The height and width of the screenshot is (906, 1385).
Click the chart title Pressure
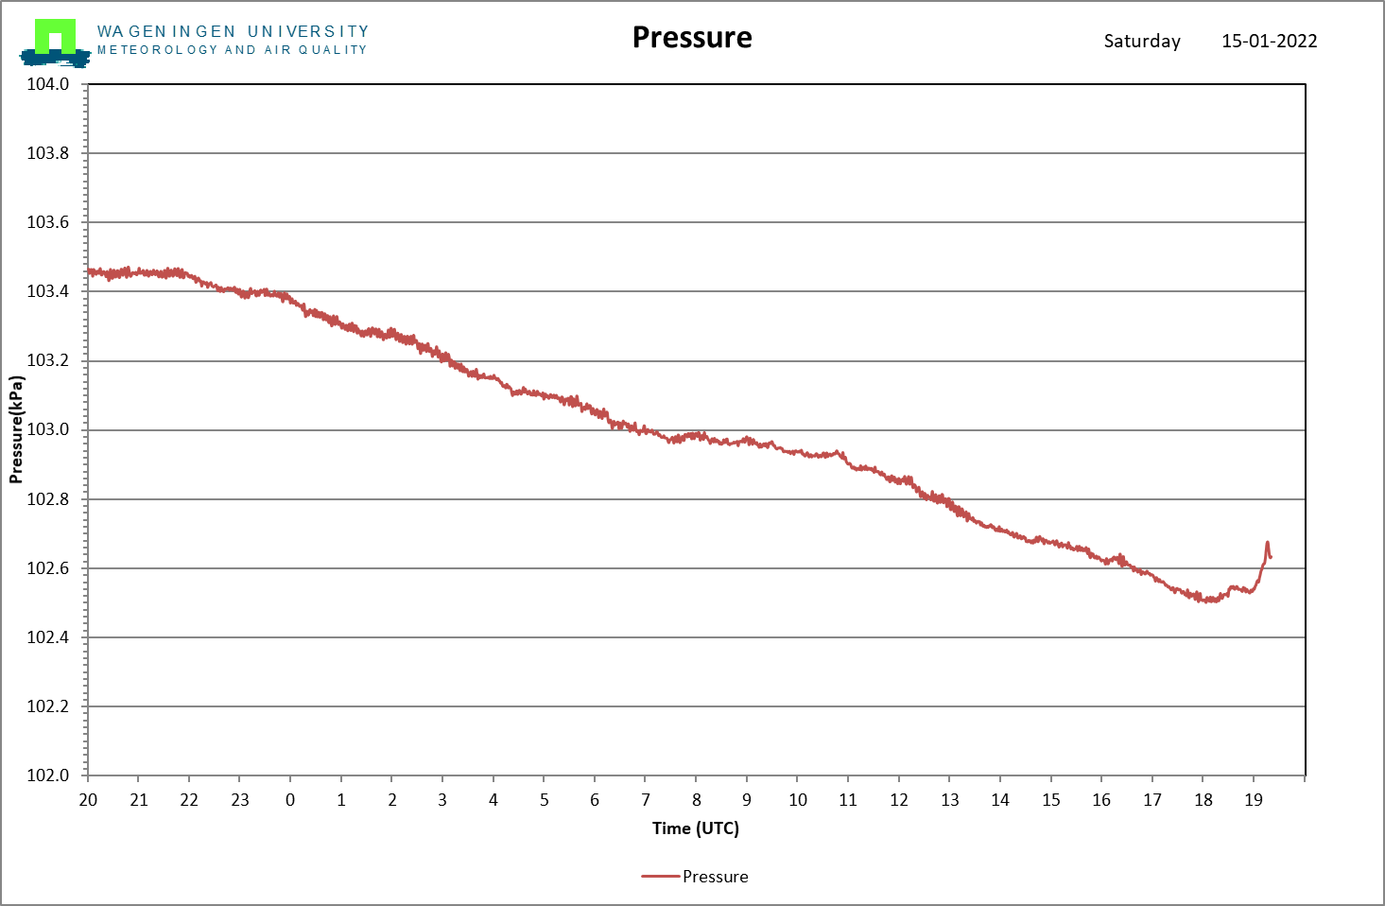coord(692,38)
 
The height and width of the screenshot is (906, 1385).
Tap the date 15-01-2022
coord(1270,41)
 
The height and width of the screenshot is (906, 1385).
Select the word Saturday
coord(1142,42)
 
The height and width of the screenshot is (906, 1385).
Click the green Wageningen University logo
coord(55,42)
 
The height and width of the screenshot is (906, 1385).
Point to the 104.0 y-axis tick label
coord(47,84)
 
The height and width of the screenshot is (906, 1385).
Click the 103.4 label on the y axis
coord(47,290)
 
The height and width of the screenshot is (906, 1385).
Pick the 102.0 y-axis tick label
coord(47,775)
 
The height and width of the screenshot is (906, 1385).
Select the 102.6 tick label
coord(47,567)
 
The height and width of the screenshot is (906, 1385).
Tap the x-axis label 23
coord(239,800)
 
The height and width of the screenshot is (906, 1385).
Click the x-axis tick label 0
coord(290,800)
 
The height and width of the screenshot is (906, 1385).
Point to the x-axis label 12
coord(898,800)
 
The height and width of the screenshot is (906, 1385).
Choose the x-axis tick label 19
coord(1254,800)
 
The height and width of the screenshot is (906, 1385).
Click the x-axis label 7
coord(645,800)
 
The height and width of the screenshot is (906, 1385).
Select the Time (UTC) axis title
coord(696,828)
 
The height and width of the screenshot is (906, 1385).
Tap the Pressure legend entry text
coord(716,877)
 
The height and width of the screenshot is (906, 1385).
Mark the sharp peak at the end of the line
coord(1267,543)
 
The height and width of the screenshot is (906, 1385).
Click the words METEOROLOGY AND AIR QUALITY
coord(232,50)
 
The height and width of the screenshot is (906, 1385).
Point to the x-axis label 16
coord(1101,800)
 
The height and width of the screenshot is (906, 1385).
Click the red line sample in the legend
coord(660,877)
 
